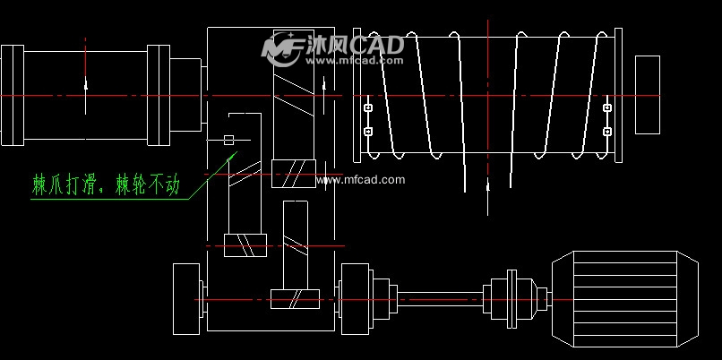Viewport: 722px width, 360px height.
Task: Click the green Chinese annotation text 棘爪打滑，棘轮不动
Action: [x=107, y=186]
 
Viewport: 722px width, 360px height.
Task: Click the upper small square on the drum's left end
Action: [x=367, y=108]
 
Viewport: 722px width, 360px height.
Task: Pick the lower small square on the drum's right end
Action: [x=607, y=132]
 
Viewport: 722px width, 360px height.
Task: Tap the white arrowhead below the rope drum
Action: [x=487, y=188]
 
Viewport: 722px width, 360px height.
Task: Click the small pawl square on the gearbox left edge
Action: [x=228, y=140]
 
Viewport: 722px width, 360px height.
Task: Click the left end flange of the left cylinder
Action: [x=13, y=94]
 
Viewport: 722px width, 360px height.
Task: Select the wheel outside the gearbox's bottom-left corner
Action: [x=186, y=298]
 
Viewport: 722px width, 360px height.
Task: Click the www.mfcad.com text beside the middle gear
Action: [x=362, y=180]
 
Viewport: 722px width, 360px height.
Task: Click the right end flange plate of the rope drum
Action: [x=618, y=94]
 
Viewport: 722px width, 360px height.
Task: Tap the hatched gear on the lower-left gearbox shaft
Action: [x=245, y=244]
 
